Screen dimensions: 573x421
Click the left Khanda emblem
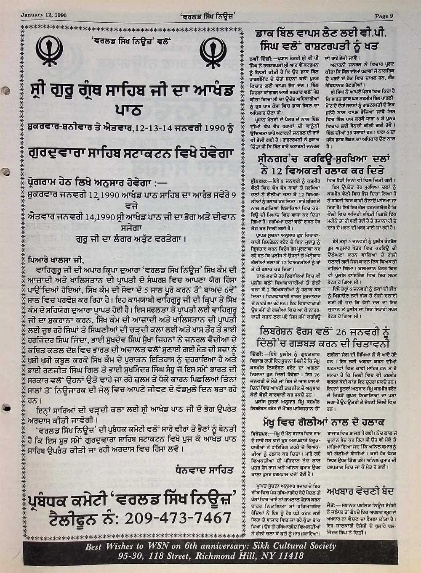coord(50,51)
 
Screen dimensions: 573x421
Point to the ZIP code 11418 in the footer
coord(286,556)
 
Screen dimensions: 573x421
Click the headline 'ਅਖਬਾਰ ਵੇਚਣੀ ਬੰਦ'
coord(360,491)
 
